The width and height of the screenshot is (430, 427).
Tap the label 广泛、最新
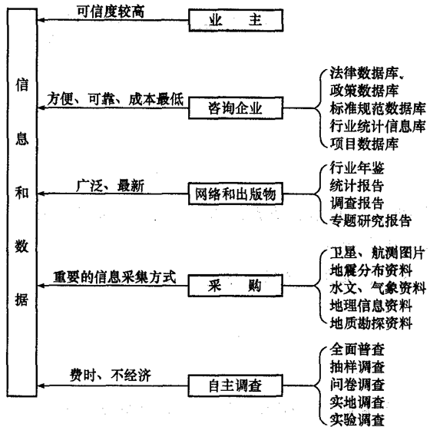(105, 185)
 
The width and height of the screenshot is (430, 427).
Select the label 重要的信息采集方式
(114, 275)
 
